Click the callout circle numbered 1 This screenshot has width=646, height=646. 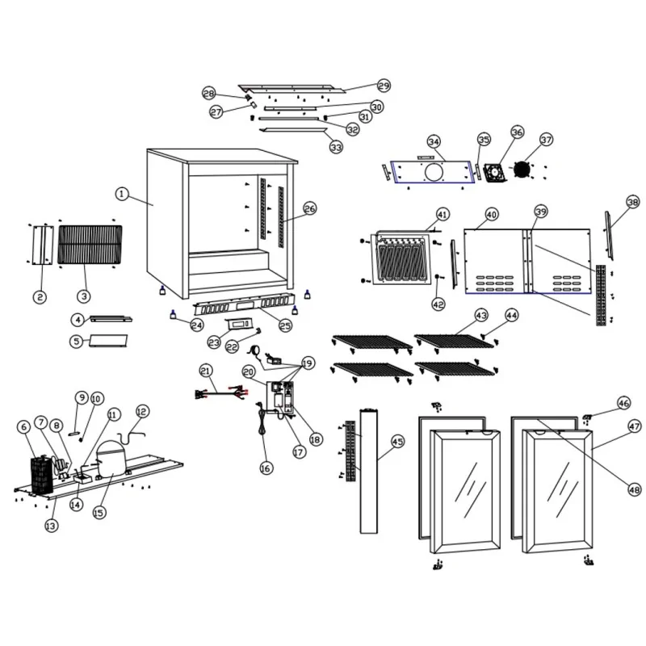tap(121, 194)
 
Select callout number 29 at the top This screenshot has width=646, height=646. tap(384, 86)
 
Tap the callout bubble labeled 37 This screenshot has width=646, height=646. tap(547, 140)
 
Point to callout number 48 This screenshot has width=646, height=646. tap(634, 489)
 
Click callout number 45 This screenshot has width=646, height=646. tap(397, 442)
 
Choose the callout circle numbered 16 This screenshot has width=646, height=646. tap(266, 468)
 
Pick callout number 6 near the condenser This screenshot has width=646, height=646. tap(23, 426)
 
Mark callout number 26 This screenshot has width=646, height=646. tap(310, 208)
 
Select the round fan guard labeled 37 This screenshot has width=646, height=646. tap(522, 170)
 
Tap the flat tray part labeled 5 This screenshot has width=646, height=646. tap(108, 341)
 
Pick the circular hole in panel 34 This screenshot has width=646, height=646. tap(434, 172)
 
